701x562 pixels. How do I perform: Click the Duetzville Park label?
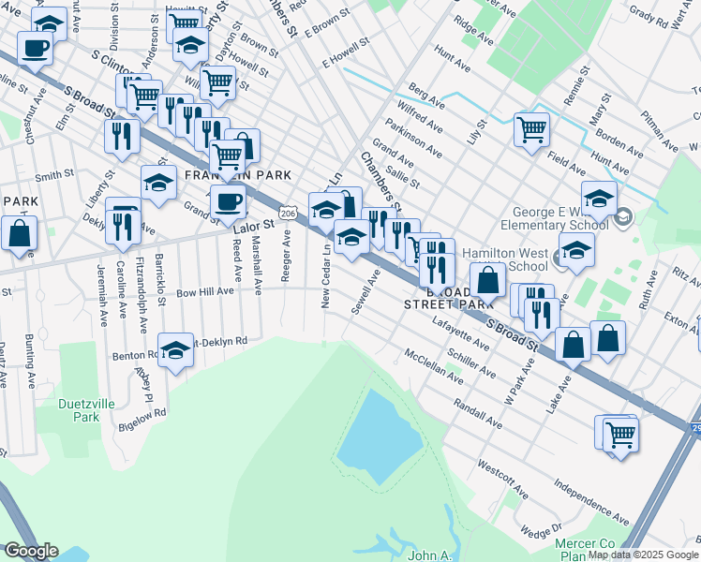coord(79,409)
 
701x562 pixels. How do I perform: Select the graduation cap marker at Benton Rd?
coord(175,351)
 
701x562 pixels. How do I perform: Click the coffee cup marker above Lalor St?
coord(228,200)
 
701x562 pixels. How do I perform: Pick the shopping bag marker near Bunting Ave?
coord(19,233)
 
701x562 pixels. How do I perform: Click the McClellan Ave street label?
coord(433,366)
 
